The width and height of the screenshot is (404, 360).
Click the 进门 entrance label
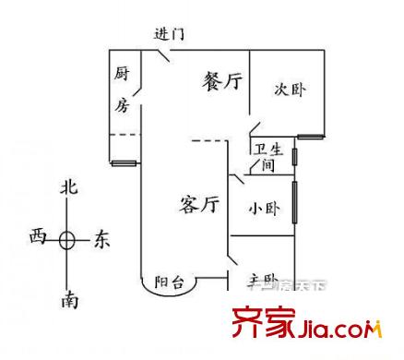click(169, 34)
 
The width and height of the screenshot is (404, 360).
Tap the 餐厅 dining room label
click(222, 82)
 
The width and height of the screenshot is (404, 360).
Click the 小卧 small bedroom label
click(261, 209)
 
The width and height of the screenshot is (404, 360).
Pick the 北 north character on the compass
click(67, 187)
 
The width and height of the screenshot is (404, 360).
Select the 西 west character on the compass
click(37, 238)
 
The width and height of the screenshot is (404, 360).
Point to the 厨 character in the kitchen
click(122, 73)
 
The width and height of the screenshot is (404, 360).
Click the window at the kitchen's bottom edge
click(124, 164)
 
